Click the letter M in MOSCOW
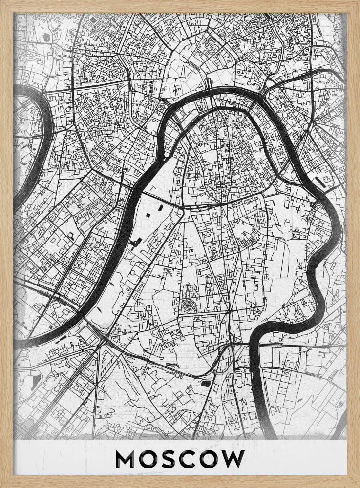[126, 459]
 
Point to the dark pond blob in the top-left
[46, 37]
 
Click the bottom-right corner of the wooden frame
[357, 485]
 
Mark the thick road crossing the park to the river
[161, 202]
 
